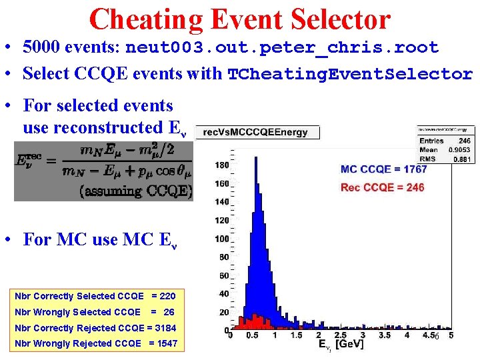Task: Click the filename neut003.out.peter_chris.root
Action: tap(282, 48)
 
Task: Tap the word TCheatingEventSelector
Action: tap(350, 74)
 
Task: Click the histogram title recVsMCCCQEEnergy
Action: tap(255, 132)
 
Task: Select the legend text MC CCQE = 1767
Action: tap(383, 169)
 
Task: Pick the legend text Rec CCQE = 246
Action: tap(382, 187)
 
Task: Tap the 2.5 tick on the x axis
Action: tap(340, 335)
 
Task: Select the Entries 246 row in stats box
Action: tap(445, 141)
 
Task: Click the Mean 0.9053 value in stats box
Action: tap(460, 150)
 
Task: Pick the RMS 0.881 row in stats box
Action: tap(445, 159)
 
